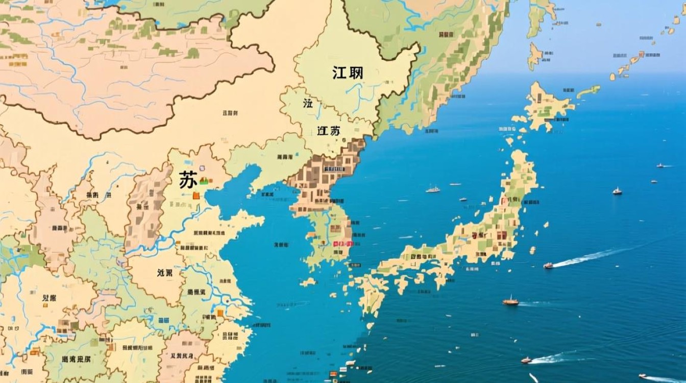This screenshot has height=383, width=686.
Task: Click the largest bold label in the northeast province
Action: tap(348, 73)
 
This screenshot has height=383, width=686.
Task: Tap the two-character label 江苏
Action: tap(328, 130)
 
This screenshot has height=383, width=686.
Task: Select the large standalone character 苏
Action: tap(187, 180)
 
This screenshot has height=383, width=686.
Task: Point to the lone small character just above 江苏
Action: tap(308, 104)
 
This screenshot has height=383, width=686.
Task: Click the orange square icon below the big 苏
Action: tap(196, 195)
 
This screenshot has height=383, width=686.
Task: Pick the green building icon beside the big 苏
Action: tap(204, 180)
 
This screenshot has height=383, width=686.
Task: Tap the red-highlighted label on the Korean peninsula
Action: tap(343, 244)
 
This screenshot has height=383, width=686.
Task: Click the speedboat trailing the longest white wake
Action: tap(548, 266)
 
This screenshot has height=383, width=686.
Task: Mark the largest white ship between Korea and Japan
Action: tap(433, 189)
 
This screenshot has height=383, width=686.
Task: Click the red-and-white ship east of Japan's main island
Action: tap(617, 191)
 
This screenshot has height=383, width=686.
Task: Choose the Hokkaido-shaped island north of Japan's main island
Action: tap(545, 107)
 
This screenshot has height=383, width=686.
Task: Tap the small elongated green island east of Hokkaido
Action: tap(589, 92)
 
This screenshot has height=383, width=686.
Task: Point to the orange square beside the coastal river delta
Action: tap(220, 313)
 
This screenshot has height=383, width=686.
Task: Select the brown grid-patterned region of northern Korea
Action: tap(327, 174)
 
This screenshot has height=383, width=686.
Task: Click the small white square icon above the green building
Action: tap(202, 168)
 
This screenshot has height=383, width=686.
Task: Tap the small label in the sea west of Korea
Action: tap(281, 245)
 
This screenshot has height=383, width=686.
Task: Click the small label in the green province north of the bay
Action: tap(284, 157)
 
